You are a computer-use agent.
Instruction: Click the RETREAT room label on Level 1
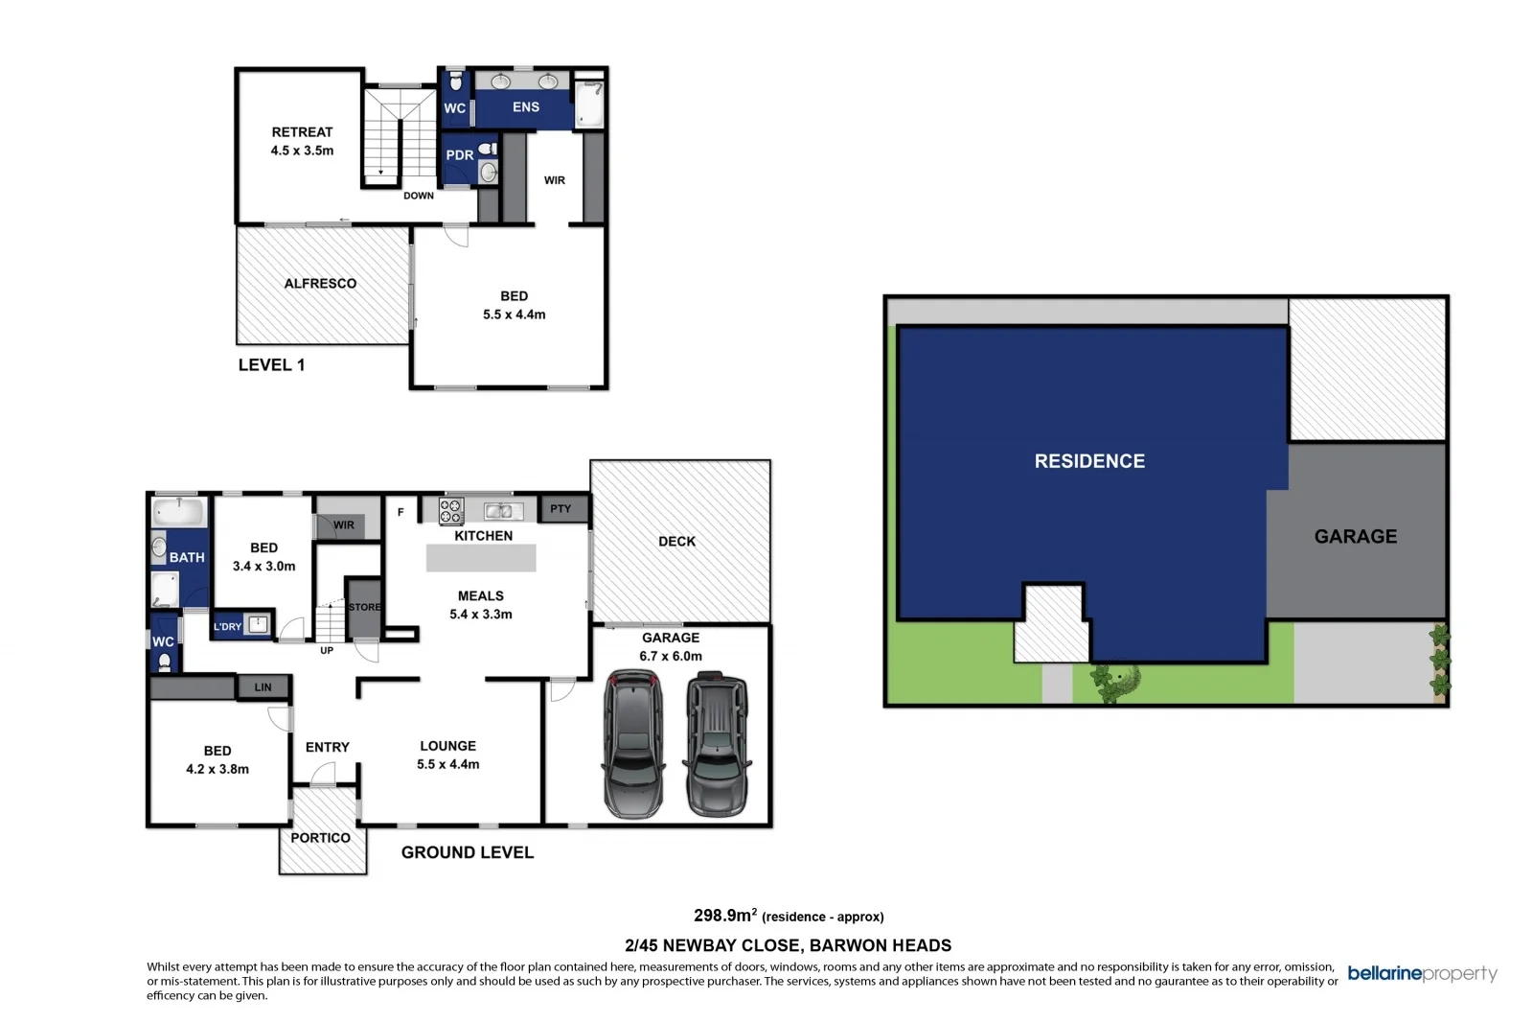pos(302,132)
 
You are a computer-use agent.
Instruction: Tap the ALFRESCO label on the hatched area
pos(320,284)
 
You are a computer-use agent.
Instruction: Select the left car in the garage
pos(632,743)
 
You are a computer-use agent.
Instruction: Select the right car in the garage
pos(717,743)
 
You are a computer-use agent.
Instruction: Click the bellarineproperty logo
pos(1422,974)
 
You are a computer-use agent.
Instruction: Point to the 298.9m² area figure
pos(725,916)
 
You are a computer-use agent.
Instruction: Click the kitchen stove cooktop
pos(451,511)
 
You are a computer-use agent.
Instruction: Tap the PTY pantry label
pos(561,509)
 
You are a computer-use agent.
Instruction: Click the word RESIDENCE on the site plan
pos(1089,461)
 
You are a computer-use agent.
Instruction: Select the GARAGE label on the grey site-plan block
pos(1355,537)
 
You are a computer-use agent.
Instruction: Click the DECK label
pos(676,542)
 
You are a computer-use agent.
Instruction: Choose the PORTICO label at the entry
pos(320,838)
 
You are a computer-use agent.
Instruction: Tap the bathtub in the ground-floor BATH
pos(180,511)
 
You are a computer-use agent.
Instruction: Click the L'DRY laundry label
pos(228,627)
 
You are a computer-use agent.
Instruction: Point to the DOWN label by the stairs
pos(418,196)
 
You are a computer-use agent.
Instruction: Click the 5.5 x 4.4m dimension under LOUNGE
pos(447,765)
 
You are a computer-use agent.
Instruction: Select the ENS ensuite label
pos(525,107)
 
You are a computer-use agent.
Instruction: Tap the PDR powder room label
pos(459,155)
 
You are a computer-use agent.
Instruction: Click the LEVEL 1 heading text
pos(271,365)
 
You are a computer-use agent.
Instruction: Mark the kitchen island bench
pos(481,557)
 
